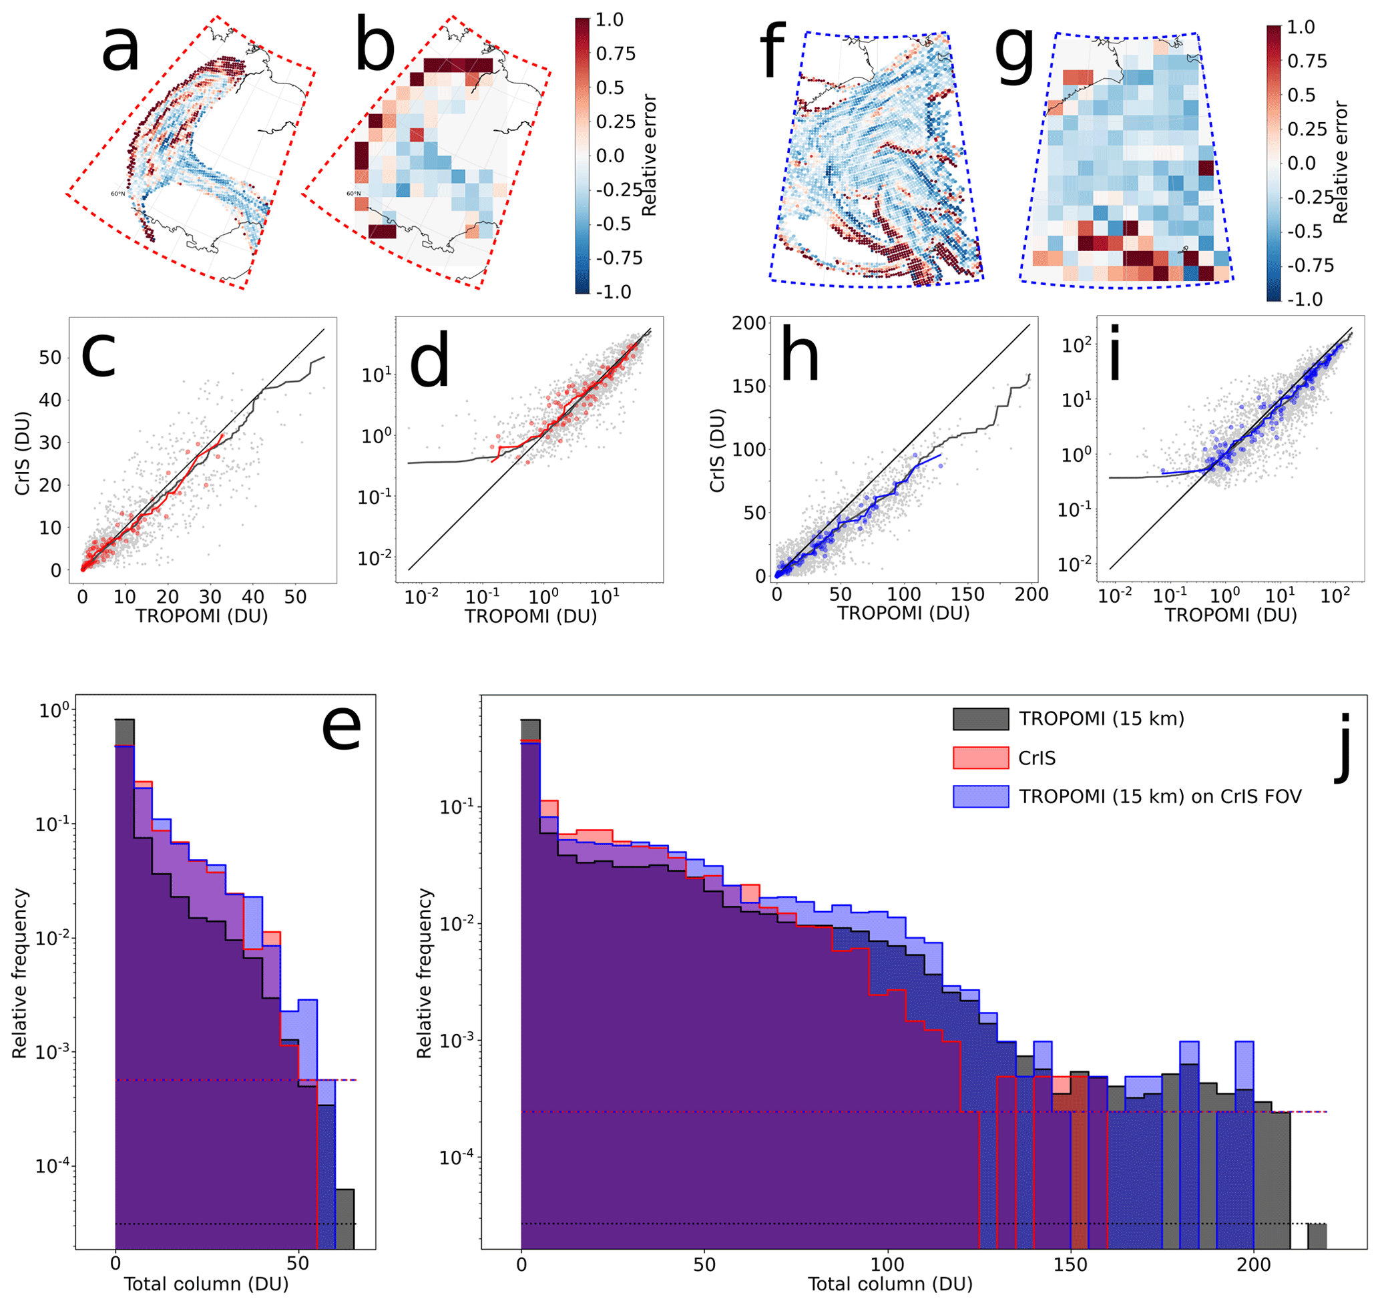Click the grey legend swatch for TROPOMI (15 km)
click(980, 720)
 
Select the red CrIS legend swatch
click(980, 758)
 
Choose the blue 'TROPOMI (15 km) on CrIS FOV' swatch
click(980, 796)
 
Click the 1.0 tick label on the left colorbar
click(610, 20)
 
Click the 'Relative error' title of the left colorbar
click(649, 156)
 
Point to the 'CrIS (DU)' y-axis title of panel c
click(23, 453)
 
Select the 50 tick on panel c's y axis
click(50, 358)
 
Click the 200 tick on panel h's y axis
click(748, 323)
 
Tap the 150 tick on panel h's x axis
click(967, 594)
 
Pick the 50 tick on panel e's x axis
click(298, 1263)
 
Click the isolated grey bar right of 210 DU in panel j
click(1317, 1236)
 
